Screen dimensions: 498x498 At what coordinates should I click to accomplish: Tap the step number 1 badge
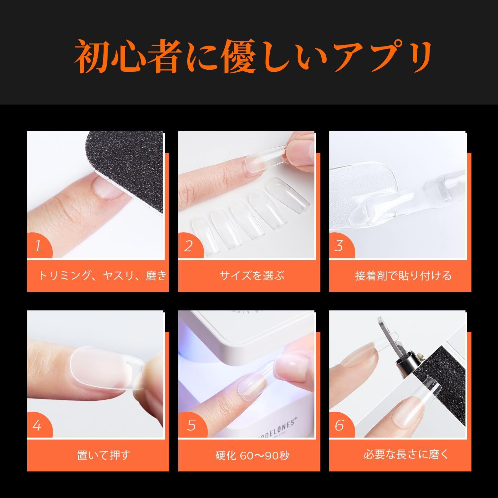[x=38, y=247]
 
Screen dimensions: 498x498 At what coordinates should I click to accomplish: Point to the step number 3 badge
[x=340, y=247]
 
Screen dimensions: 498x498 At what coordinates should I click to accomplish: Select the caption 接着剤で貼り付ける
[x=403, y=276]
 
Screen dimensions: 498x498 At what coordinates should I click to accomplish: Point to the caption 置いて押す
[x=103, y=455]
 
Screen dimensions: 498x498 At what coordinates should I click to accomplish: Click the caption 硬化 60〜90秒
[x=252, y=455]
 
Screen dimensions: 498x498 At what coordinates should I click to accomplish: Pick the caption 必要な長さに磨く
[x=406, y=455]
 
